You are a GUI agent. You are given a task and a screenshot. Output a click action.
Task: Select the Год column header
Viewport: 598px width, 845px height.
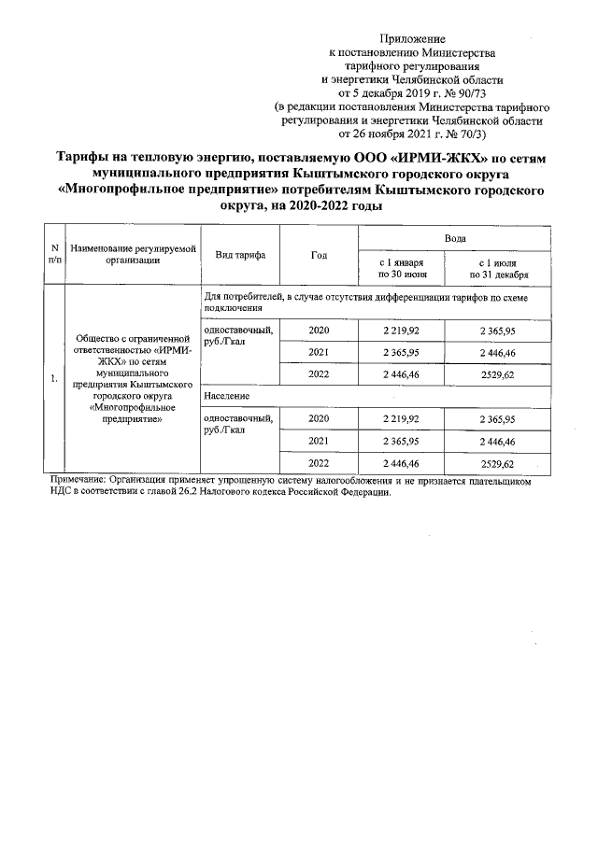[x=318, y=255]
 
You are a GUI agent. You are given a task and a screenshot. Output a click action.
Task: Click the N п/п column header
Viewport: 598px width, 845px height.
[x=54, y=255]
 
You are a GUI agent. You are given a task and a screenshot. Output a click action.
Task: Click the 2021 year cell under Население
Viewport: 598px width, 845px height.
[x=319, y=440]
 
